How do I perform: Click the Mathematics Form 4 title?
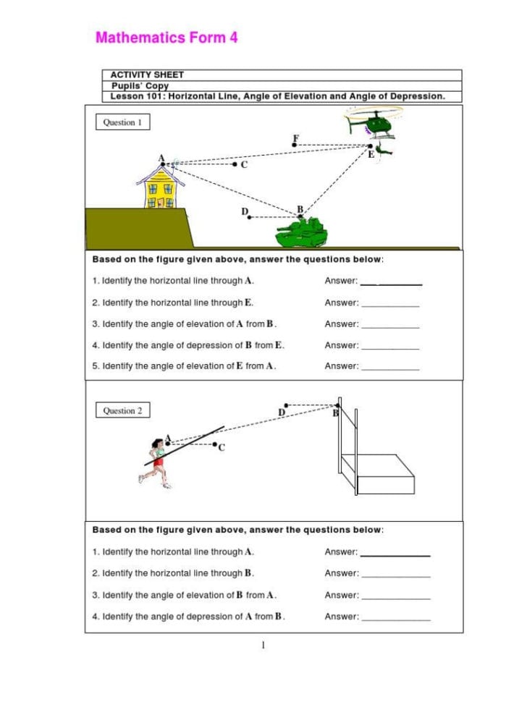click(166, 38)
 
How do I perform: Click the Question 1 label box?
click(122, 122)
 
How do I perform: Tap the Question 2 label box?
click(122, 410)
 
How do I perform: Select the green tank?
click(302, 232)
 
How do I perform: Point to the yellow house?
click(161, 187)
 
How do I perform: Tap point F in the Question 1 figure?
click(294, 144)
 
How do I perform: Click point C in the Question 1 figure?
click(235, 164)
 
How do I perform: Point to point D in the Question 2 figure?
click(285, 405)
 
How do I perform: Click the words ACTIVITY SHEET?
click(147, 75)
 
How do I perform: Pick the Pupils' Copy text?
click(139, 85)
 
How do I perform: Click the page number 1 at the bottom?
click(264, 645)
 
